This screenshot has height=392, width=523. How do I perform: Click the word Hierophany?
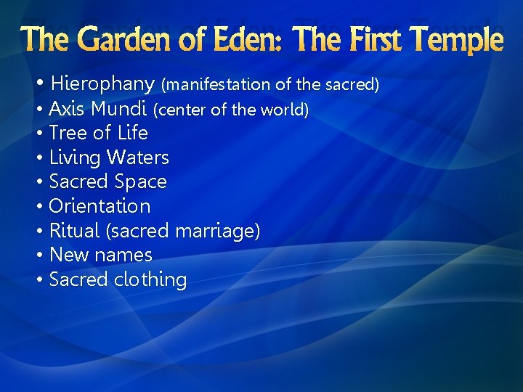click(x=103, y=84)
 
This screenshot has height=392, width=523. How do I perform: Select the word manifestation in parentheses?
click(x=217, y=85)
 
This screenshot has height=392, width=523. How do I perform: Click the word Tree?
click(x=68, y=133)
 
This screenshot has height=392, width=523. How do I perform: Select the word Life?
click(x=132, y=133)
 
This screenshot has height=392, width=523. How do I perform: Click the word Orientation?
click(x=100, y=206)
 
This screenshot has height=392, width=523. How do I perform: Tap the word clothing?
click(x=150, y=280)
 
